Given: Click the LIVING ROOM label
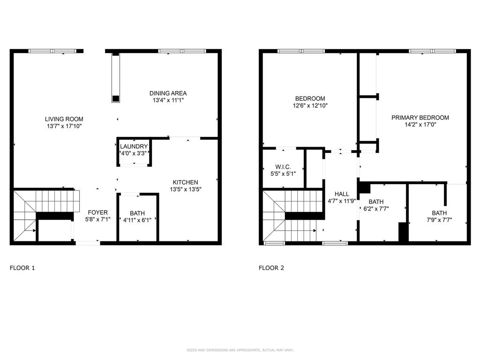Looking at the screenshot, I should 64,119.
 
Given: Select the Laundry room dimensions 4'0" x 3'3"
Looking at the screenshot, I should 134,153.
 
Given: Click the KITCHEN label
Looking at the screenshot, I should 185,182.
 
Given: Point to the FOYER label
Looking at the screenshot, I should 97,212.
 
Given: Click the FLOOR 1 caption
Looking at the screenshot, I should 22,268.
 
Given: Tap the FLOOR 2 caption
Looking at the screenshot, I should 271,268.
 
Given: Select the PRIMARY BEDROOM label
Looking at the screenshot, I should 420,118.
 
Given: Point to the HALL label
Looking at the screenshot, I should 341,194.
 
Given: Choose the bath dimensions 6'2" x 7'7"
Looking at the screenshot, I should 375,209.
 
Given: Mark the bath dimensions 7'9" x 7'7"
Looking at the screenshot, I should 439,219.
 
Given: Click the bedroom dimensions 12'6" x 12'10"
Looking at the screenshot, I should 310,105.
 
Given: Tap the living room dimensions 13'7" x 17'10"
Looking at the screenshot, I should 64,126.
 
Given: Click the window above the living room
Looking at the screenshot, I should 52,51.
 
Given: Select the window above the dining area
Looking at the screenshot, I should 181,51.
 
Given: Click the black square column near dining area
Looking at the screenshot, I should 115,98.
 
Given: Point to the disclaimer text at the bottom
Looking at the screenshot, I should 240,350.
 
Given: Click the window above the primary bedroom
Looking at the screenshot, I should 432,51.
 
